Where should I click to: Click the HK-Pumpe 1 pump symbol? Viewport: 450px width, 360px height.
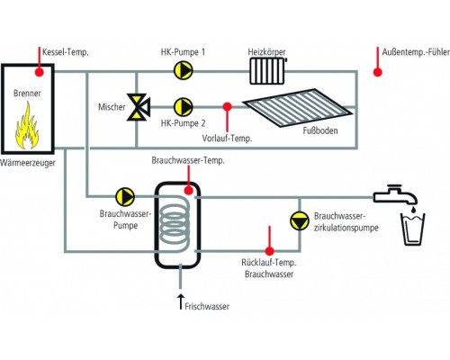click(184, 70)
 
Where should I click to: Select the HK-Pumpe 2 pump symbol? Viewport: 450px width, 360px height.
click(184, 107)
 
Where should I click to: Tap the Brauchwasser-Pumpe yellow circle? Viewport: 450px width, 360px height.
click(125, 197)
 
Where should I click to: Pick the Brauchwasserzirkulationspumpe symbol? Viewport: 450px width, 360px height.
click(300, 221)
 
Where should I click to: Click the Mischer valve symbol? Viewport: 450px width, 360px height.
click(139, 107)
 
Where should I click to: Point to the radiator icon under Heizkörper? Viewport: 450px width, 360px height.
click(267, 71)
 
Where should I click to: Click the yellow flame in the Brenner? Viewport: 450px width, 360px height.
click(27, 125)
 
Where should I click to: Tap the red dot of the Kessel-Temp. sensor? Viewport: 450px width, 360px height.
click(40, 72)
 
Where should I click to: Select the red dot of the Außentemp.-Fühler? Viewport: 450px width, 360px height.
click(377, 72)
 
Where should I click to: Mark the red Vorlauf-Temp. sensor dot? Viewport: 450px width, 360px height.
click(227, 106)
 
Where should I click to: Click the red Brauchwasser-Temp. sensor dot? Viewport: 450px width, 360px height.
click(189, 190)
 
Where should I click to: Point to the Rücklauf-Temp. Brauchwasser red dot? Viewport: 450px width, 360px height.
click(269, 251)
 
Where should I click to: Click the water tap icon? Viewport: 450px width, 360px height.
click(395, 194)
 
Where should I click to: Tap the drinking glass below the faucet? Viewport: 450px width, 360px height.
click(413, 229)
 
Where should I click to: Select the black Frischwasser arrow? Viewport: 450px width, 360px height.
click(180, 301)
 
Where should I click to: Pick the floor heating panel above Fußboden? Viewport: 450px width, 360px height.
click(297, 108)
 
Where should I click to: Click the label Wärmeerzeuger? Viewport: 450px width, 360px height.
click(28, 163)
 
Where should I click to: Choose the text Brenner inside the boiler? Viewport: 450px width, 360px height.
click(27, 93)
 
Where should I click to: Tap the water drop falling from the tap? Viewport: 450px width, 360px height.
click(413, 209)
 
